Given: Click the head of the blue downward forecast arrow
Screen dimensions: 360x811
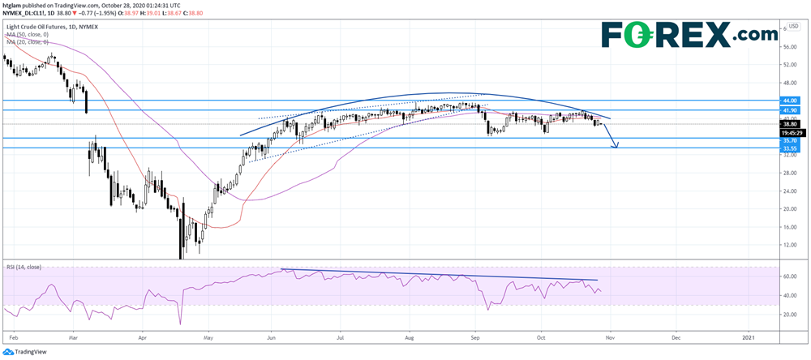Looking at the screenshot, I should [x=617, y=146].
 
